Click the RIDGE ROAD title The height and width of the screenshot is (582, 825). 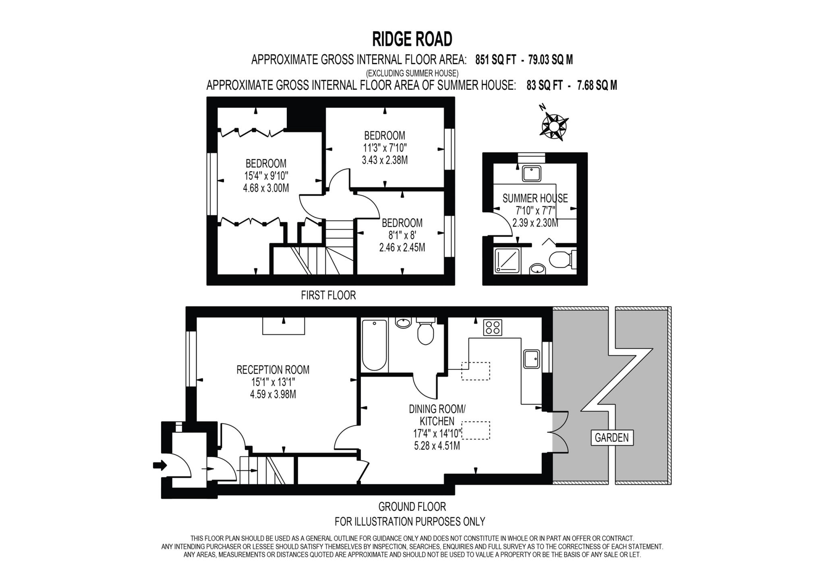pyautogui.click(x=412, y=39)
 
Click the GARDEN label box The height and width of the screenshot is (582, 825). pyautogui.click(x=612, y=438)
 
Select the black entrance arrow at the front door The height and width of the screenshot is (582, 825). pyautogui.click(x=160, y=466)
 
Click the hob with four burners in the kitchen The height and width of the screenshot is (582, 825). pyautogui.click(x=493, y=327)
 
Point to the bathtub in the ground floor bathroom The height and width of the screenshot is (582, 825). pyautogui.click(x=374, y=345)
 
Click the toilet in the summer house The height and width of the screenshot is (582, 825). pyautogui.click(x=562, y=260)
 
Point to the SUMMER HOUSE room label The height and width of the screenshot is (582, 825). pyautogui.click(x=535, y=198)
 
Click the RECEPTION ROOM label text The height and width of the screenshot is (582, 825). pyautogui.click(x=273, y=369)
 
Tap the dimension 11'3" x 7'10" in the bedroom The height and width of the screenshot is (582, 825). pyautogui.click(x=385, y=148)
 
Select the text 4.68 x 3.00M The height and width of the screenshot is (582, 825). pyautogui.click(x=266, y=188)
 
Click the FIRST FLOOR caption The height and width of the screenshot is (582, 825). pyautogui.click(x=328, y=295)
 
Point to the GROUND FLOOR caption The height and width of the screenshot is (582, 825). pyautogui.click(x=412, y=506)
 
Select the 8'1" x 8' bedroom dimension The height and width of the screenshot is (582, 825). pyautogui.click(x=402, y=235)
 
